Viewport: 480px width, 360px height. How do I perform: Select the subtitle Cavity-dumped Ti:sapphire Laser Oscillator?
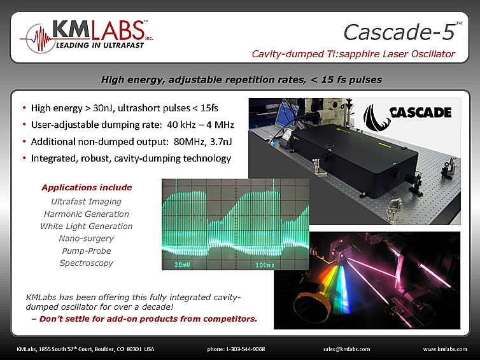click(x=353, y=54)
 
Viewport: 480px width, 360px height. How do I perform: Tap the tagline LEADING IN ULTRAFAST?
click(x=95, y=46)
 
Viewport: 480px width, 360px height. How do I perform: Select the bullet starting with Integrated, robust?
click(x=131, y=158)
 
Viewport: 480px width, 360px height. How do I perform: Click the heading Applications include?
click(x=86, y=188)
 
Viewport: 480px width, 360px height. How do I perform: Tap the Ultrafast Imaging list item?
click(x=86, y=202)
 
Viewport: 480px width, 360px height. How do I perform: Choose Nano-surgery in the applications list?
click(x=86, y=239)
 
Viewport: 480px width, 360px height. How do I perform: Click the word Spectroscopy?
click(x=86, y=263)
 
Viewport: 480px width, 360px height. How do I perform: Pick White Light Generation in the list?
click(x=86, y=226)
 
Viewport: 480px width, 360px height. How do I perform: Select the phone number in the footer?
click(x=236, y=349)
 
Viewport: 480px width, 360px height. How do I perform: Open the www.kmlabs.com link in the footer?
click(x=445, y=349)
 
